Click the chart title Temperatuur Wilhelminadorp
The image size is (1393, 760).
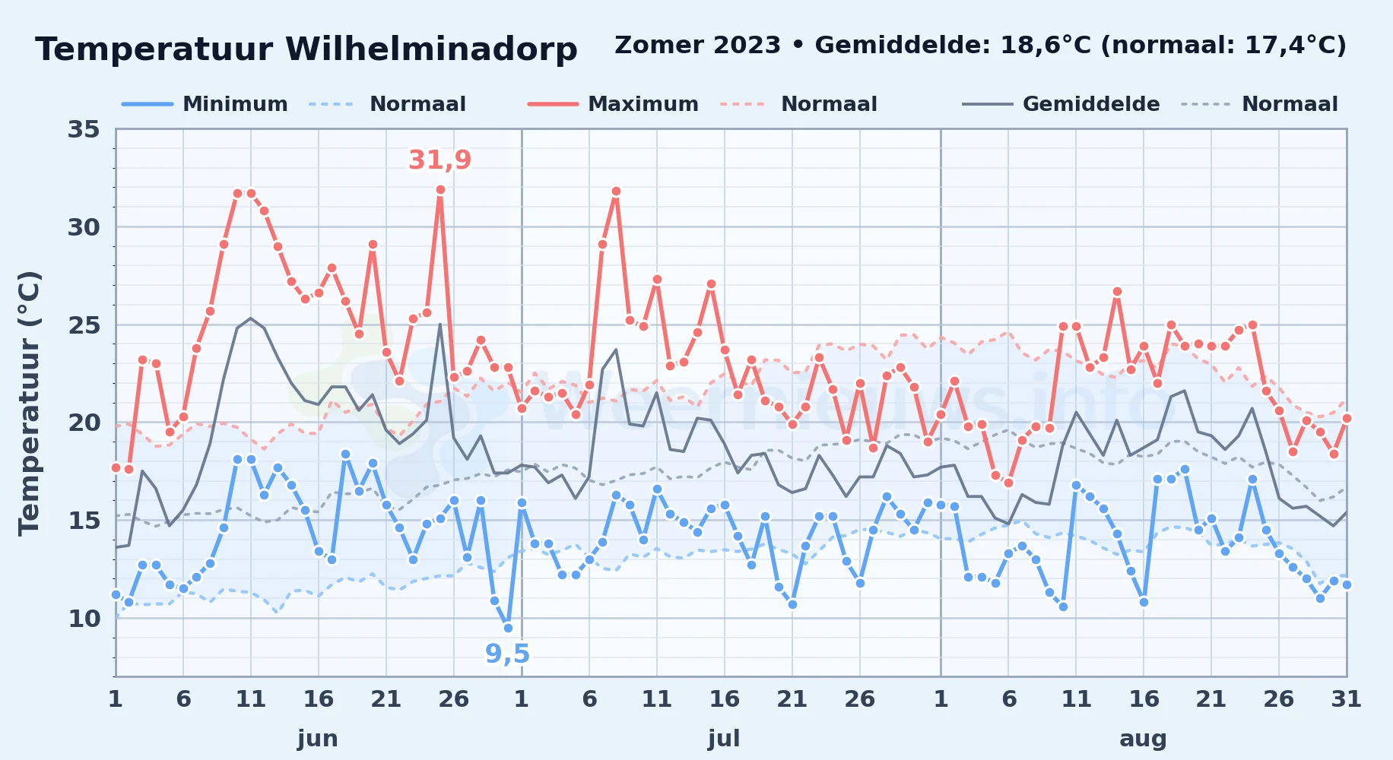click(x=306, y=50)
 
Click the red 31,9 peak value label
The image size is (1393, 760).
click(x=440, y=160)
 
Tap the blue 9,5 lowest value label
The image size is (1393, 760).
click(x=508, y=654)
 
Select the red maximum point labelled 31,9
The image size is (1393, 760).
click(x=440, y=190)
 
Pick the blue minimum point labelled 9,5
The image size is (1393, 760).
click(x=508, y=628)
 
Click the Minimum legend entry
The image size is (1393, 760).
click(x=205, y=104)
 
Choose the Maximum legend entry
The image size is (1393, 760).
click(x=613, y=104)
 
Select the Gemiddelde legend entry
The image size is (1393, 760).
click(x=1061, y=104)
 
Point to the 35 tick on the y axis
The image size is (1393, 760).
click(x=84, y=129)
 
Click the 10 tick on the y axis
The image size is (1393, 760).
click(x=84, y=619)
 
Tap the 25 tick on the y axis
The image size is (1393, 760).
click(x=84, y=325)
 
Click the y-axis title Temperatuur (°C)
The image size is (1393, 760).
click(x=30, y=403)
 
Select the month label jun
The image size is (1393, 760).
click(x=318, y=739)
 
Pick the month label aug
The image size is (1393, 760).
click(x=1144, y=739)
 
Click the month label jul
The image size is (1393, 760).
click(x=724, y=739)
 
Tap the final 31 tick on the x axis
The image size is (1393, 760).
click(x=1346, y=699)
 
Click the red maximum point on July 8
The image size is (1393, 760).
click(x=616, y=192)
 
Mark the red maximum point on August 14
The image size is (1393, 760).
click(x=1117, y=292)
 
